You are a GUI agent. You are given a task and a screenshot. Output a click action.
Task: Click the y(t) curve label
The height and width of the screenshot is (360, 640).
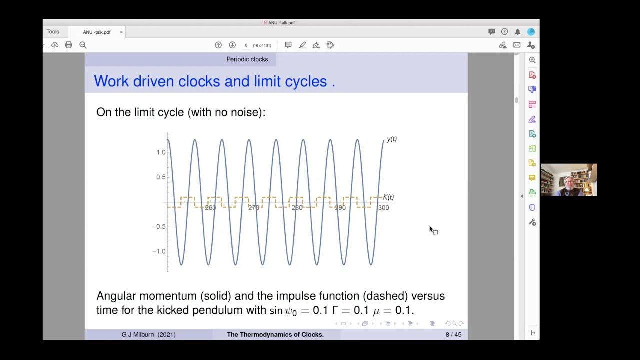click(x=391, y=139)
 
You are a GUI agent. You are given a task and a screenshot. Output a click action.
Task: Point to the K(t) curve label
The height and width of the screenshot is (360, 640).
click(x=388, y=197)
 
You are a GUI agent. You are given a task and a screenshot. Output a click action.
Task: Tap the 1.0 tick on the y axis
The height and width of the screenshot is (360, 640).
click(x=161, y=152)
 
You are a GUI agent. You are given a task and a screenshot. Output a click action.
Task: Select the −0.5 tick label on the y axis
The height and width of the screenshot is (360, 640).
click(x=159, y=227)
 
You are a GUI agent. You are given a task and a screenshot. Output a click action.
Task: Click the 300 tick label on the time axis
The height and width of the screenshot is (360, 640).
click(x=383, y=208)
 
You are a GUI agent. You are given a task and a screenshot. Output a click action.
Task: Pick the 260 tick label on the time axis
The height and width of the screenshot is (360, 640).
click(x=210, y=208)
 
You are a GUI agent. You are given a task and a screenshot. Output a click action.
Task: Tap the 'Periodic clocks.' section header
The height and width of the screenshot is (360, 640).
click(x=248, y=59)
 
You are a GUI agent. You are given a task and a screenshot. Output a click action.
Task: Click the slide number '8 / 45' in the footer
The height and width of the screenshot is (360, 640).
click(x=453, y=335)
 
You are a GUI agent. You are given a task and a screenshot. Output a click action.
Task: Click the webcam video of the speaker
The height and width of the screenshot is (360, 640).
click(x=569, y=180)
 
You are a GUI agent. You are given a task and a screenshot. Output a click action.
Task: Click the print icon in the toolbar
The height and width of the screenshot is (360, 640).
click(x=69, y=45)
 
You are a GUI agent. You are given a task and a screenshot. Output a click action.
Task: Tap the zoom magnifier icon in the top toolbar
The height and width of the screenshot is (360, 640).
click(x=83, y=45)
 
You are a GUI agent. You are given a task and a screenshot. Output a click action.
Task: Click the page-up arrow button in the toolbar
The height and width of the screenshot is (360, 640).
click(x=218, y=45)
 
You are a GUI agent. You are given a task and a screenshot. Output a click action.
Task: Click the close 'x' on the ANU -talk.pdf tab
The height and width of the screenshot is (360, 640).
click(x=121, y=32)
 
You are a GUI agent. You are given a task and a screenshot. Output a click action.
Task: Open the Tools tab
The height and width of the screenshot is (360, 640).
click(x=53, y=32)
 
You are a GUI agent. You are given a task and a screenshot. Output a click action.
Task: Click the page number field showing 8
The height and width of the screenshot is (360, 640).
click(x=246, y=45)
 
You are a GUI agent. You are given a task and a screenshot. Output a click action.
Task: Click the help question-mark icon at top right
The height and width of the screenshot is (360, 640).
click(x=504, y=32)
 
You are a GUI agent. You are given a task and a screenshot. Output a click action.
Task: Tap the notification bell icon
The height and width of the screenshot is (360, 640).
click(x=517, y=32)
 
